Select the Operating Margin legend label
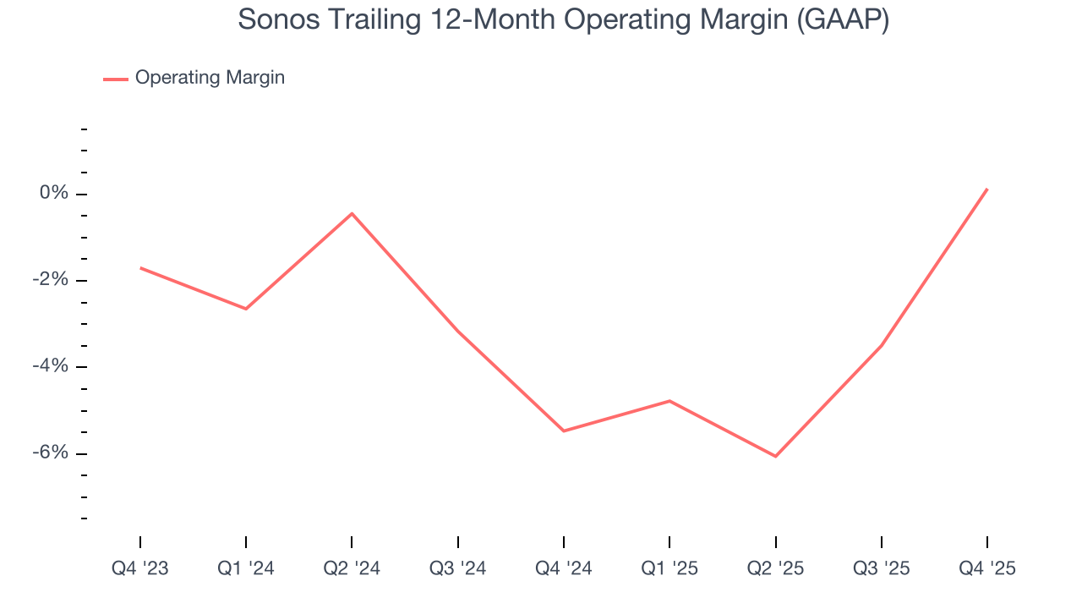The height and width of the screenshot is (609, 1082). pos(210,78)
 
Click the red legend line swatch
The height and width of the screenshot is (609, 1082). pos(115,79)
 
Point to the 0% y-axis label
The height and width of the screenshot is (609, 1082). pos(53,194)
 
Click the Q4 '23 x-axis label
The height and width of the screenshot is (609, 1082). pos(140,568)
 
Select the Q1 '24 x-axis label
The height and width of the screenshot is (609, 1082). pos(246,568)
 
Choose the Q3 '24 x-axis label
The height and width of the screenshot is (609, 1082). pos(458,568)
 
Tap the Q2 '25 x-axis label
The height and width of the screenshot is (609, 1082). pos(776,568)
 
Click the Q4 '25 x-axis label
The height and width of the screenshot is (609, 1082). pos(987,568)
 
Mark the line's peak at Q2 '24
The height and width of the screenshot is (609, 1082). pos(352,213)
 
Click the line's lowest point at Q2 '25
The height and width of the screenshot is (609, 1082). pos(776,457)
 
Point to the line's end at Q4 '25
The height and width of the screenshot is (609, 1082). pos(987,189)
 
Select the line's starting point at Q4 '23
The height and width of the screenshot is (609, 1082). pos(140,268)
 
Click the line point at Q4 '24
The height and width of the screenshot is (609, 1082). pos(564,431)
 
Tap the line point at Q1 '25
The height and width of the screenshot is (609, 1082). pos(669,401)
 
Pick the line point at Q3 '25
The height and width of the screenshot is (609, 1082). pos(882,346)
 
